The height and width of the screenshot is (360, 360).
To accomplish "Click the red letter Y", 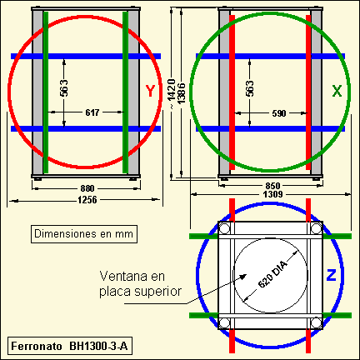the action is [x=150, y=91].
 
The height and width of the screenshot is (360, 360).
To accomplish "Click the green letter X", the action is [x=337, y=91].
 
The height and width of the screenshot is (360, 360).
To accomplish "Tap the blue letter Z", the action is [x=331, y=275].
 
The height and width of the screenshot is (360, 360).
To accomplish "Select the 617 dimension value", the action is [x=92, y=112].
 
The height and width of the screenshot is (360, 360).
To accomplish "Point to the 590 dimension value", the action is [x=279, y=113].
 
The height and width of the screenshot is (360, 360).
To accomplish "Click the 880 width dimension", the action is [x=87, y=188].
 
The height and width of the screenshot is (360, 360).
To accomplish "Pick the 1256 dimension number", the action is [x=87, y=200].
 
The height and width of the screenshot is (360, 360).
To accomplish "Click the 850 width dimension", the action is [x=272, y=186].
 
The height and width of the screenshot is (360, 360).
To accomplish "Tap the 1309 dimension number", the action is [x=272, y=194].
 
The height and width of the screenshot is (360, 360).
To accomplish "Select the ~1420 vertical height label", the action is [x=172, y=94].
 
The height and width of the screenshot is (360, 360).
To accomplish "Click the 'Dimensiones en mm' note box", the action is [x=84, y=234].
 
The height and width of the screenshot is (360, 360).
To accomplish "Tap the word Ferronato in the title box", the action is [x=37, y=346].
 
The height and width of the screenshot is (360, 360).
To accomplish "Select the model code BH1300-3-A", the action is [x=98, y=346].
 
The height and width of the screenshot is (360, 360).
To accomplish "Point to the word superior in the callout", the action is [x=157, y=292].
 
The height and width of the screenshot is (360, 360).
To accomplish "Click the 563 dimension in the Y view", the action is [x=64, y=88].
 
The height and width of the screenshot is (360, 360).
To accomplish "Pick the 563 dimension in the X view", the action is [x=250, y=88].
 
